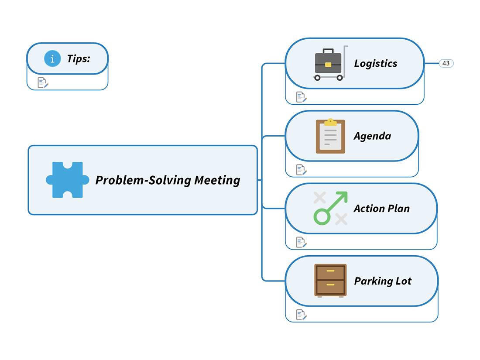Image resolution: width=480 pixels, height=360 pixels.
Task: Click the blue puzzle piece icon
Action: click(x=67, y=180)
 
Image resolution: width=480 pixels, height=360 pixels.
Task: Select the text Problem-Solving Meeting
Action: click(x=168, y=180)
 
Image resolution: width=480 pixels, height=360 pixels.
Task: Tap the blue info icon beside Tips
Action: click(x=52, y=58)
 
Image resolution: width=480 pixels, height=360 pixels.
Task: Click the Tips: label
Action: click(x=79, y=58)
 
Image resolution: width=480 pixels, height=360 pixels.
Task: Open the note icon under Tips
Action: click(x=43, y=82)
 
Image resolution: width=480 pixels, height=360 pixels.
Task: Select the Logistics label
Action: click(x=375, y=63)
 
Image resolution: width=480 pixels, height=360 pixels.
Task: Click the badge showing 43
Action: click(x=446, y=63)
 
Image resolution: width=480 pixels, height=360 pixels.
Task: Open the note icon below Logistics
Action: click(x=301, y=97)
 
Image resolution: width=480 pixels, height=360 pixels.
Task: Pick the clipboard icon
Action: click(x=330, y=136)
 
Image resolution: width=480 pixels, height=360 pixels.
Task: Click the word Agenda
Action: click(x=372, y=136)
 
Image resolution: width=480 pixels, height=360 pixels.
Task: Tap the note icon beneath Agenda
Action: click(x=301, y=169)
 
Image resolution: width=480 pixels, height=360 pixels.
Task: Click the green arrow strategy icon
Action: click(x=331, y=208)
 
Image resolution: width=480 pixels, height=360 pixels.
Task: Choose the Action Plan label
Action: click(x=381, y=209)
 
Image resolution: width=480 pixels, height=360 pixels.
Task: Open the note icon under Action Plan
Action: click(x=301, y=242)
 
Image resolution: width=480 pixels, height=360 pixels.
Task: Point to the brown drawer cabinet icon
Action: click(x=330, y=280)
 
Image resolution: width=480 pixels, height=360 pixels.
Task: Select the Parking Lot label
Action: click(x=383, y=281)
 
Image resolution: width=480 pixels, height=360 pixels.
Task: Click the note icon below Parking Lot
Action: click(x=301, y=314)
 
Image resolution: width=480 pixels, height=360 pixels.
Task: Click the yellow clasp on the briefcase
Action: click(x=328, y=65)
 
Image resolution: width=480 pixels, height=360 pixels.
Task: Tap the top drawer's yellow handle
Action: click(x=330, y=271)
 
